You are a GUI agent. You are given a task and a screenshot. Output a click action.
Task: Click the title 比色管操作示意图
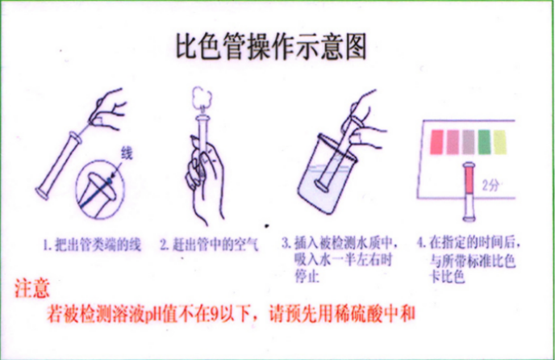[270, 46]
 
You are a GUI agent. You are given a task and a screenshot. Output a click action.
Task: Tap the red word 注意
[33, 288]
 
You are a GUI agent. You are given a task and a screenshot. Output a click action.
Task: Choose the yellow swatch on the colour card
[500, 141]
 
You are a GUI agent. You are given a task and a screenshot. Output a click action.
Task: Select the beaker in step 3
[327, 182]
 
